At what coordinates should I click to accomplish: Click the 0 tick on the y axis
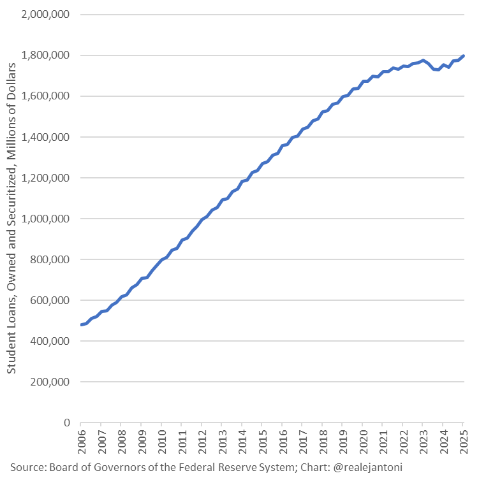66,423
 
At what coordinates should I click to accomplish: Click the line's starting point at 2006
81,325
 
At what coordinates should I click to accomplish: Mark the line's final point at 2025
463,56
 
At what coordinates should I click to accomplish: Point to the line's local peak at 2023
423,61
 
